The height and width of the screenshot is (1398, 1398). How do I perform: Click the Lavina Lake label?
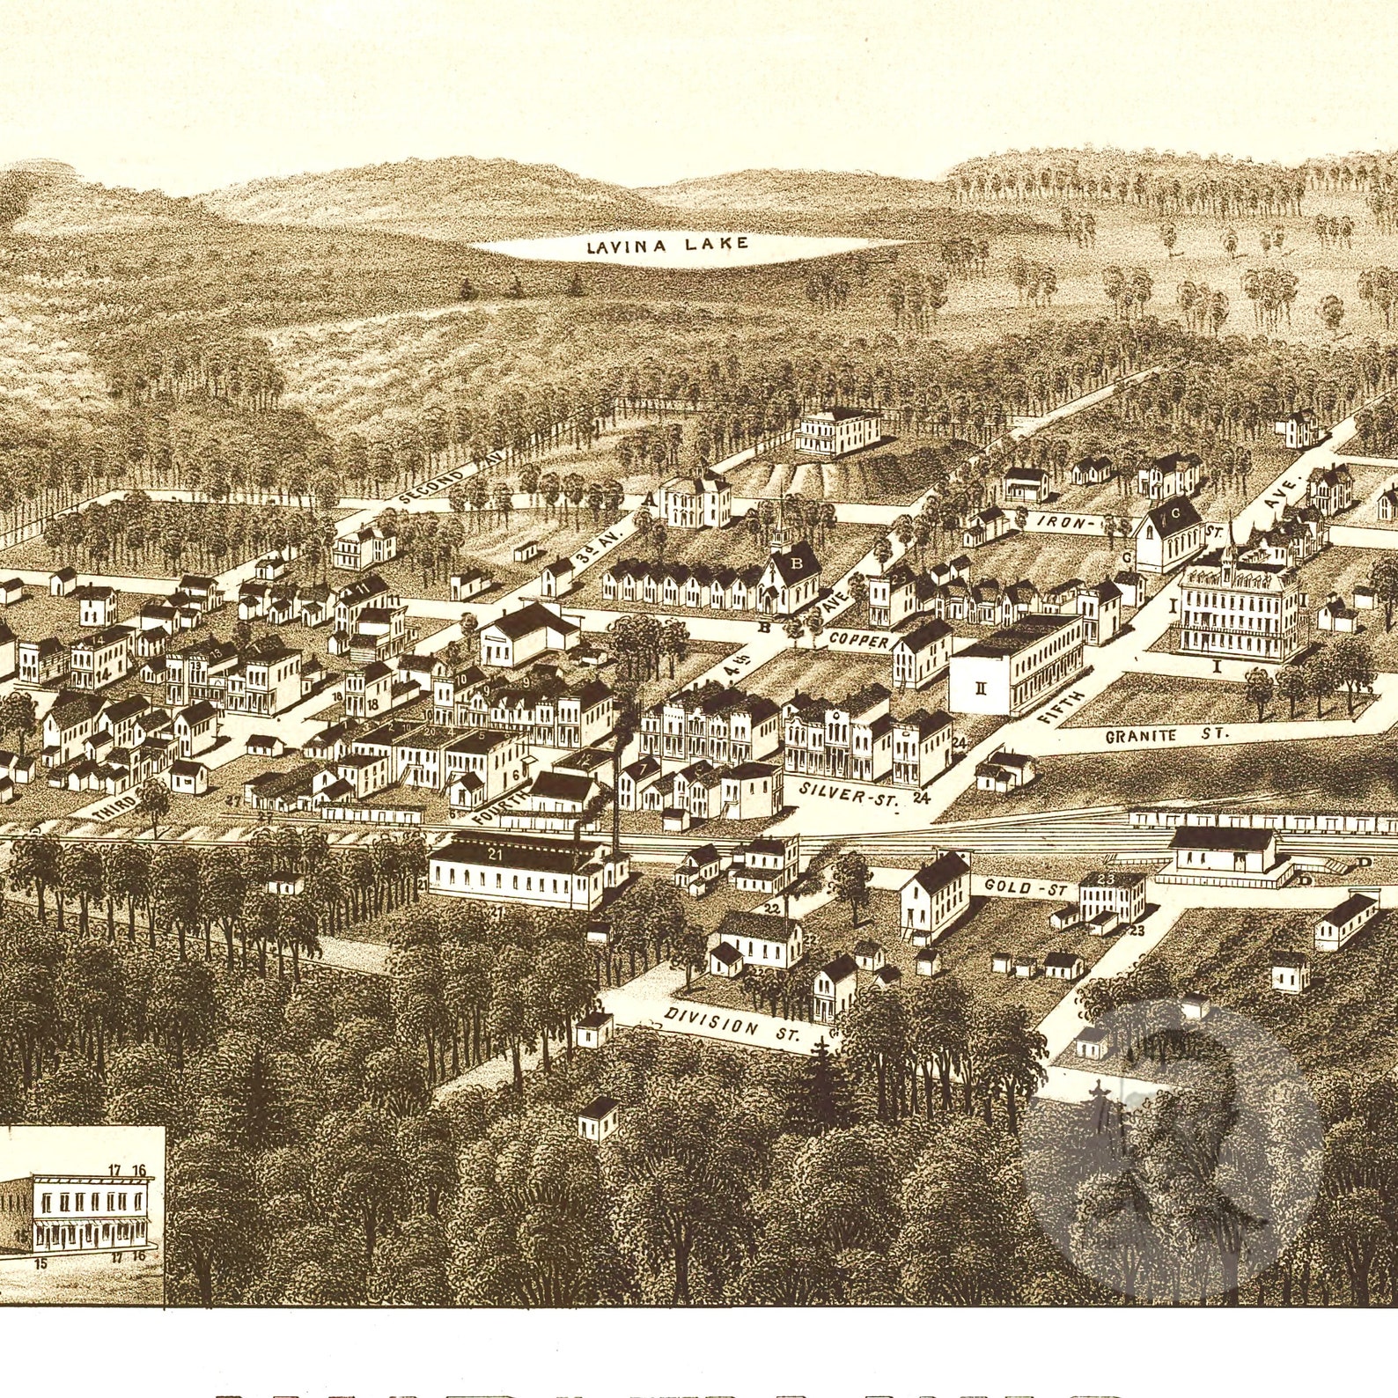tap(667, 245)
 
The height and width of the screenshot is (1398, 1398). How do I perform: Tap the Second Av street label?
tap(442, 483)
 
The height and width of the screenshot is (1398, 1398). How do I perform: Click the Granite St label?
tap(1166, 732)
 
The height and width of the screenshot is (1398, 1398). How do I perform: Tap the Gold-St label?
tap(1026, 889)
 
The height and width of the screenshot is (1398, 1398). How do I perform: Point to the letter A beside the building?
tap(651, 499)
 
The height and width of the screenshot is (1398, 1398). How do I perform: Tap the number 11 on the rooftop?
tap(364, 587)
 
